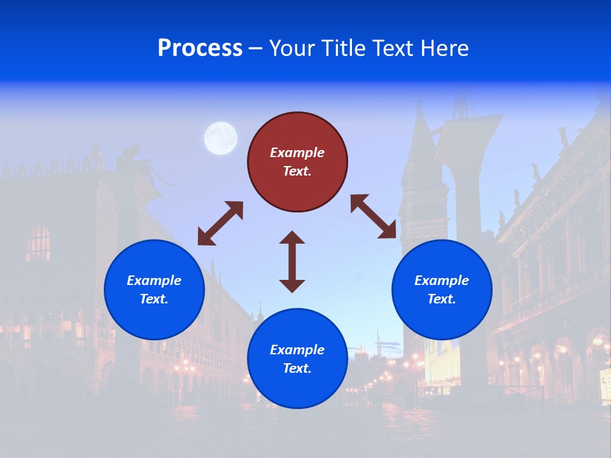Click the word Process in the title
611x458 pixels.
(x=200, y=48)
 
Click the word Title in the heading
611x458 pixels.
(x=342, y=48)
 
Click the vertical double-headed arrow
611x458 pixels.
(x=292, y=261)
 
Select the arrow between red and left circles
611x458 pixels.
(x=220, y=223)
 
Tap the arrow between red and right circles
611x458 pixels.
(x=374, y=216)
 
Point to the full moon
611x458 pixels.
(x=220, y=139)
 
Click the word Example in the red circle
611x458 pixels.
(x=297, y=153)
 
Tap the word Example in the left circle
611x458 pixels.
(x=154, y=281)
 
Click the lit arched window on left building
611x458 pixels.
(x=38, y=243)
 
